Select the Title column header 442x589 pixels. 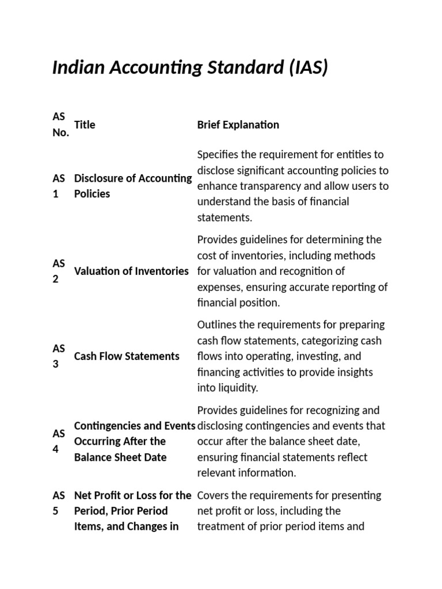coord(85,125)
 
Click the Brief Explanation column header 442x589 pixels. coord(238,125)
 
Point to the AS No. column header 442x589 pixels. coord(60,125)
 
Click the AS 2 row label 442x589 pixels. coord(59,271)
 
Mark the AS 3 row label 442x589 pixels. coord(59,356)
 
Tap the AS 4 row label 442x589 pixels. coord(59,441)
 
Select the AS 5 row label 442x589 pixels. coord(59,503)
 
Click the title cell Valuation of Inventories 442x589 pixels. coord(131,271)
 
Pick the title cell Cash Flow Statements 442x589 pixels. coord(127,356)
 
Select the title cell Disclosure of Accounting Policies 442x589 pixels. coord(132,186)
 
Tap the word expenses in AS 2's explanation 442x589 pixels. coord(218,287)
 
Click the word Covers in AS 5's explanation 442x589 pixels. coord(212,495)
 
